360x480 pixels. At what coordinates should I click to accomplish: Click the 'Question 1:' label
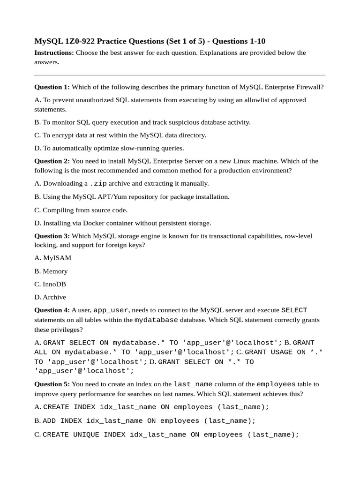pyautogui.click(x=52, y=87)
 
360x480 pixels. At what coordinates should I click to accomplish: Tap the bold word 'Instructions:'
pyautogui.click(x=54, y=52)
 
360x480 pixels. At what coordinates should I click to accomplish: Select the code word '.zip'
pyautogui.click(x=98, y=183)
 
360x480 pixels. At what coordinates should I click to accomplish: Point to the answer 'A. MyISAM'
pyautogui.click(x=53, y=258)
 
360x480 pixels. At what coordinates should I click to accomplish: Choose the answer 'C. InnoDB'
pyautogui.click(x=50, y=284)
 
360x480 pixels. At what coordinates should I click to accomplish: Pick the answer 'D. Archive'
pyautogui.click(x=50, y=297)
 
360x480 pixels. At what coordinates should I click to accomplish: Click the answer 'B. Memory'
pyautogui.click(x=51, y=271)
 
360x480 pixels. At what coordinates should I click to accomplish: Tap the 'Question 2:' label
pyautogui.click(x=52, y=161)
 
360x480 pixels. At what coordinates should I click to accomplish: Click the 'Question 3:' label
pyautogui.click(x=52, y=236)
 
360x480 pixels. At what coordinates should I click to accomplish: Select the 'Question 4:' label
pyautogui.click(x=52, y=310)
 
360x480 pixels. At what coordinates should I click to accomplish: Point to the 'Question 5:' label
pyautogui.click(x=52, y=384)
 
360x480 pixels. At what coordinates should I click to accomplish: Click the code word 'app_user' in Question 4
pyautogui.click(x=111, y=310)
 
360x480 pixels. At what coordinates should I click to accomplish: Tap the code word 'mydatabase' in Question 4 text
pyautogui.click(x=156, y=320)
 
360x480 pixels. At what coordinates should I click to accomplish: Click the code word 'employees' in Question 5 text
pyautogui.click(x=276, y=384)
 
